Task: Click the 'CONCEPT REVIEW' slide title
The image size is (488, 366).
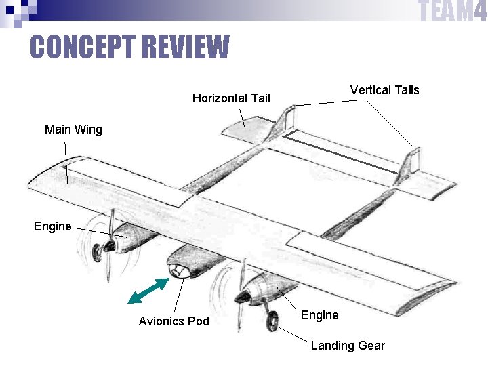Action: coord(129,47)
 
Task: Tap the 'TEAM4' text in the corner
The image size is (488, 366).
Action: coord(451,12)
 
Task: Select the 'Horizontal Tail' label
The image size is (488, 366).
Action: coord(231,98)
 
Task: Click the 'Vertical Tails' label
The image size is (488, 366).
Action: coord(384,90)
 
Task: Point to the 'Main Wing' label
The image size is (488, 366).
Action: coord(73,129)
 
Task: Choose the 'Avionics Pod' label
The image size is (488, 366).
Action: coord(174,321)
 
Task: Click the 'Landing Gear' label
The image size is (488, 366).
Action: coord(347,346)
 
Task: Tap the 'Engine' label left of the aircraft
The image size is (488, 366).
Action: coord(52,226)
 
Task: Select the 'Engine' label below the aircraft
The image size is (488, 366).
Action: coord(319,315)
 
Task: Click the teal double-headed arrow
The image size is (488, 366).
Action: coord(148,291)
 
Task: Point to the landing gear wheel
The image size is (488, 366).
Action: coord(272,321)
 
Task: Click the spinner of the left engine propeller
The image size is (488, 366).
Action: coord(106,249)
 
